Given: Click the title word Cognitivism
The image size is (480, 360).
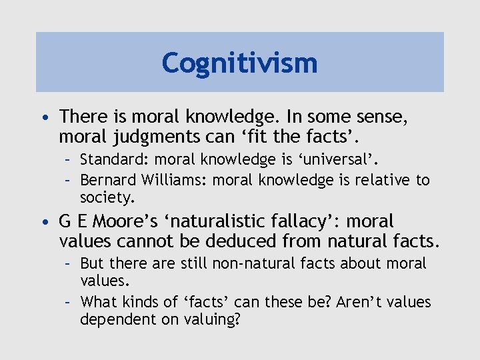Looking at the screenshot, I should [x=239, y=63].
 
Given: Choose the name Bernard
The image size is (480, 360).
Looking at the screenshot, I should [x=109, y=180].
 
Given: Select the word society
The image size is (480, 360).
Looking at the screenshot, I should [x=106, y=197].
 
